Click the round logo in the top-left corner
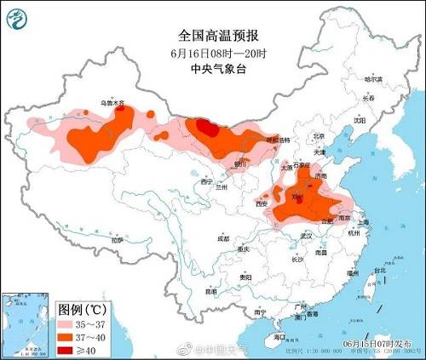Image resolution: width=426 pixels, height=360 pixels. pyautogui.click(x=18, y=18)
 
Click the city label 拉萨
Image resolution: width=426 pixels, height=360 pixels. pyautogui.click(x=117, y=241)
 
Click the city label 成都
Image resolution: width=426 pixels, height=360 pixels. pyautogui.click(x=222, y=238)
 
